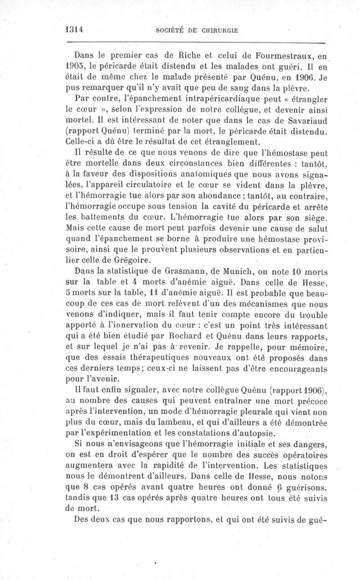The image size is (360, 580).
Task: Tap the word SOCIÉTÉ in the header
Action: (x=169, y=30)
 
